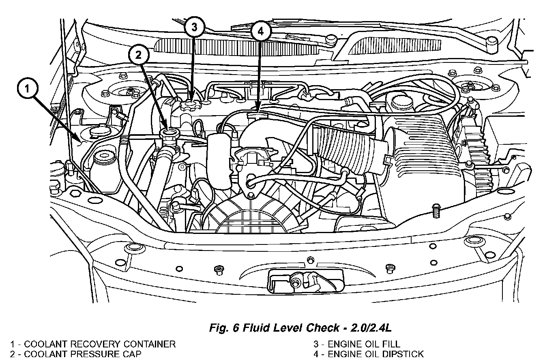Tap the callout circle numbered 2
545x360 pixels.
[139, 56]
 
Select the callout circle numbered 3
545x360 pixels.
[194, 27]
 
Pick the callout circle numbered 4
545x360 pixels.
[260, 32]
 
